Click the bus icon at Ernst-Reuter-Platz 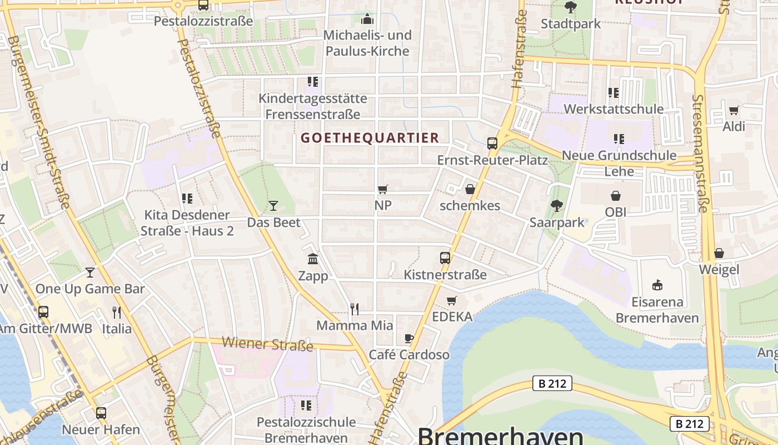492,144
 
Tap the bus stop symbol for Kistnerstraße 445,258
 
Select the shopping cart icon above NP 382,189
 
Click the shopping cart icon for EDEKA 452,300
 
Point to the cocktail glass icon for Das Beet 273,206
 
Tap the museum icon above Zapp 313,259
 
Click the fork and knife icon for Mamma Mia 355,309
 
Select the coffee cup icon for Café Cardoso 409,338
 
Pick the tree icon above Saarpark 557,206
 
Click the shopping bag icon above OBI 615,195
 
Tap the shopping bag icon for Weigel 719,253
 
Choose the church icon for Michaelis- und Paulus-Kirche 367,19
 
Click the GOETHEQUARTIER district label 370,138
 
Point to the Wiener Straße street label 267,344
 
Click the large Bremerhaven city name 500,436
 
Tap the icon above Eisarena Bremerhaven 657,285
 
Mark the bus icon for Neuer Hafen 101,413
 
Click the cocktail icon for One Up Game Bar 90,272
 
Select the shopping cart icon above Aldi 734,110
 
